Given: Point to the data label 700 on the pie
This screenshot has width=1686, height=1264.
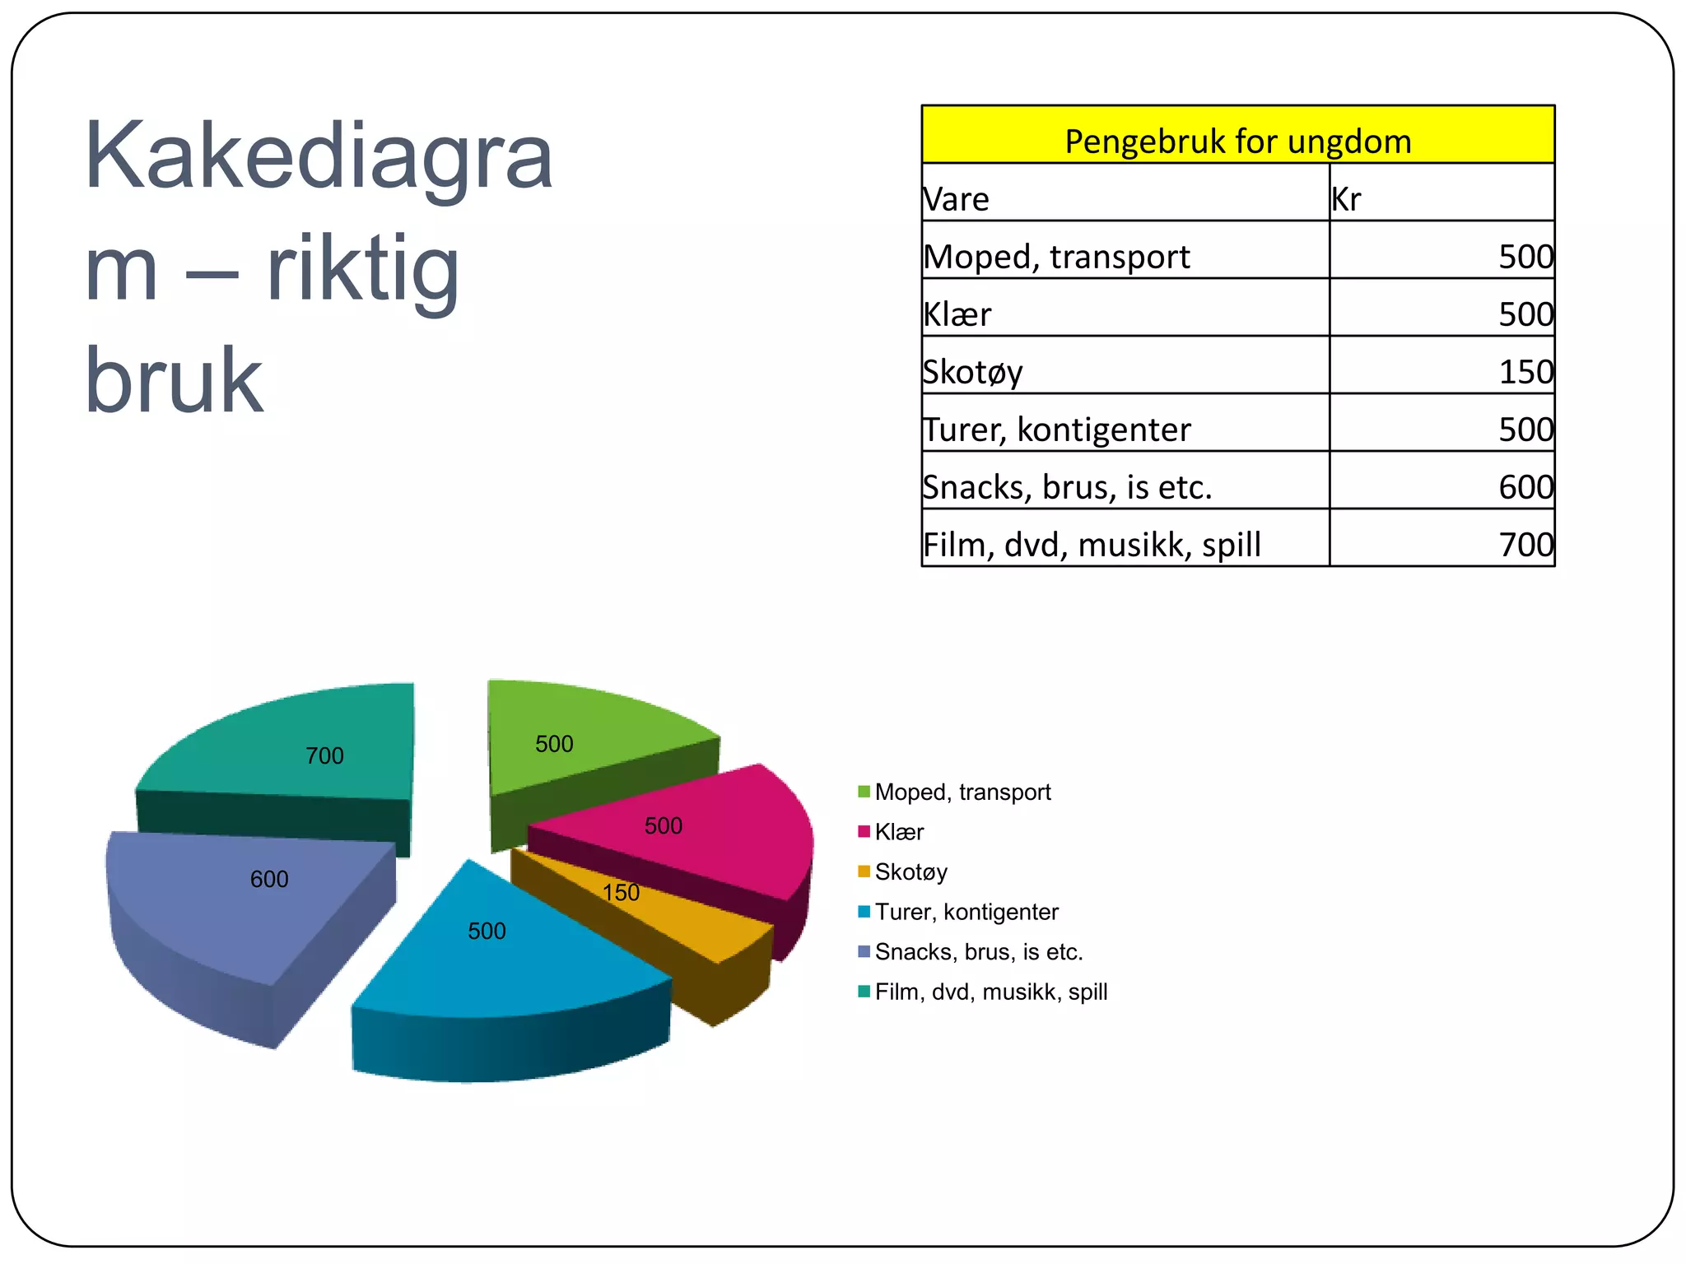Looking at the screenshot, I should pos(324,755).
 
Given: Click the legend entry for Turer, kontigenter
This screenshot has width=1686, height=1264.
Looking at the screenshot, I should pos(966,912).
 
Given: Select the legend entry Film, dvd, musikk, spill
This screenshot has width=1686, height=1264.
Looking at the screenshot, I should pos(990,992).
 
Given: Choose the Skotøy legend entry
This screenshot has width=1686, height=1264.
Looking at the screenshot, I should pos(911,871).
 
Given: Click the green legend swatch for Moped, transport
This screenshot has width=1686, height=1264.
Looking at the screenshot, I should pos(864,792).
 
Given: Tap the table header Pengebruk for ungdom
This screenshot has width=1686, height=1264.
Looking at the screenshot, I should pos(1237,141).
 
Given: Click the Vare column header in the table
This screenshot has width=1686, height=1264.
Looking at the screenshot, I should pos(956,199).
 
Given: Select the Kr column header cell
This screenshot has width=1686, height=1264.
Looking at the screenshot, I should pos(1347,199).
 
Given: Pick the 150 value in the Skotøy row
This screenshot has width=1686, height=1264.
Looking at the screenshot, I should pos(1525,372).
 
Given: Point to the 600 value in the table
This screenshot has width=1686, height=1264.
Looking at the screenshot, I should pos(1525,487).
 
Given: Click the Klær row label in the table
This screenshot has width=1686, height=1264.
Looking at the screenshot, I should pos(957,314).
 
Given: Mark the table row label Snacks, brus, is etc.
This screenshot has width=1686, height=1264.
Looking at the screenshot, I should pos(1067,487).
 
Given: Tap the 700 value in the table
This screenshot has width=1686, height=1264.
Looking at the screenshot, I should pos(1525,545).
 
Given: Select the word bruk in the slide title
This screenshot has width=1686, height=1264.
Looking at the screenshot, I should pos(174,380).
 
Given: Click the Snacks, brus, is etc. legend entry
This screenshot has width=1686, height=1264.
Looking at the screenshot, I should pos(978,951).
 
